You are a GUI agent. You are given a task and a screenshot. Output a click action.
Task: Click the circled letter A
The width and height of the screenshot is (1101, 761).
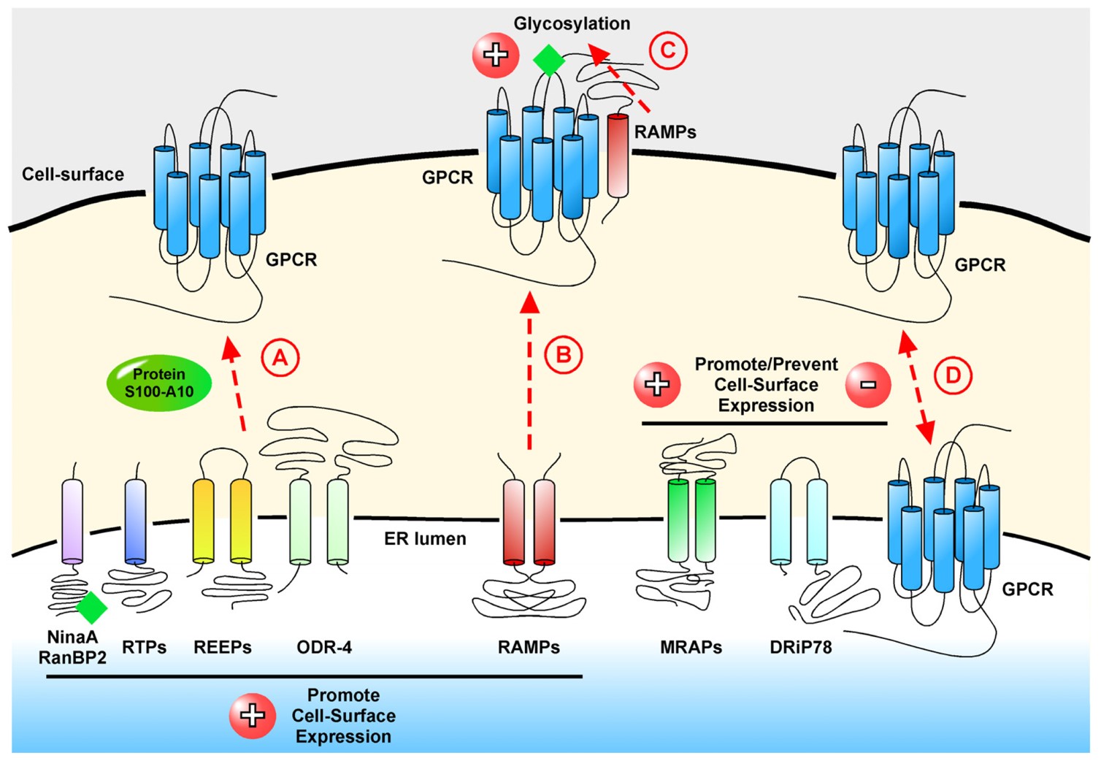(280, 357)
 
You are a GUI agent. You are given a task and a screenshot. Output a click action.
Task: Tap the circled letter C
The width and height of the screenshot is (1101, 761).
(668, 50)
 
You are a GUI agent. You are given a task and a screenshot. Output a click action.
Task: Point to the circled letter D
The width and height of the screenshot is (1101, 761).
(953, 375)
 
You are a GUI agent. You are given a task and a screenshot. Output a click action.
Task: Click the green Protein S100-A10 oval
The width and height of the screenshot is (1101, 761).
(159, 383)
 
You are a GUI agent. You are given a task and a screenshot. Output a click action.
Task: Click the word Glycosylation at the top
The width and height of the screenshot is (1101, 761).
(572, 23)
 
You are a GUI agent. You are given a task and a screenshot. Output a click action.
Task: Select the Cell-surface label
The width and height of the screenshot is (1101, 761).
(73, 175)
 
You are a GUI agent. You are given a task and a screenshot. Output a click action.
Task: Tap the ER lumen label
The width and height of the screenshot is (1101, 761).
(425, 539)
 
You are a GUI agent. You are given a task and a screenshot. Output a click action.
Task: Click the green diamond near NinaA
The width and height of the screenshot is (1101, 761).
(92, 607)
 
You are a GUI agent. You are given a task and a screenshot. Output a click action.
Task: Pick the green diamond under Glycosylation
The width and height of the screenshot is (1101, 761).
(549, 60)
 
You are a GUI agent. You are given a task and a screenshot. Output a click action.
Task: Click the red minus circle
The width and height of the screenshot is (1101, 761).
(868, 384)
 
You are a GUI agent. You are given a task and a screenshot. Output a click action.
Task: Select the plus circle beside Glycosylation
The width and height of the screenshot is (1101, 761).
(496, 55)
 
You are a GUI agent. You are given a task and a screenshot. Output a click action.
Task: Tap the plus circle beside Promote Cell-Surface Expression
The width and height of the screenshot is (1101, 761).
(253, 716)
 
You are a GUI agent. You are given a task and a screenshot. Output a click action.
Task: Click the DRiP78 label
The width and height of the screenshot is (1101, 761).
(801, 647)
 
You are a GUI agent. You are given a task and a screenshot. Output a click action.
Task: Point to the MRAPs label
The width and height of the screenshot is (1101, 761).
(691, 647)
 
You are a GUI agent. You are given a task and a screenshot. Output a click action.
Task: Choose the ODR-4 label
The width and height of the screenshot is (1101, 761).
(324, 647)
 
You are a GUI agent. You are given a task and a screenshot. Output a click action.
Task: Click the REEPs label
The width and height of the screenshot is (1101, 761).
(223, 647)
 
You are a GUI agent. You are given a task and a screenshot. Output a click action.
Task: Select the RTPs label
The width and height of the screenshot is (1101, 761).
(145, 647)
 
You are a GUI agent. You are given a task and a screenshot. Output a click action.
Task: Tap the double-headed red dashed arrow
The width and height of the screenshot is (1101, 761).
(917, 387)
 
